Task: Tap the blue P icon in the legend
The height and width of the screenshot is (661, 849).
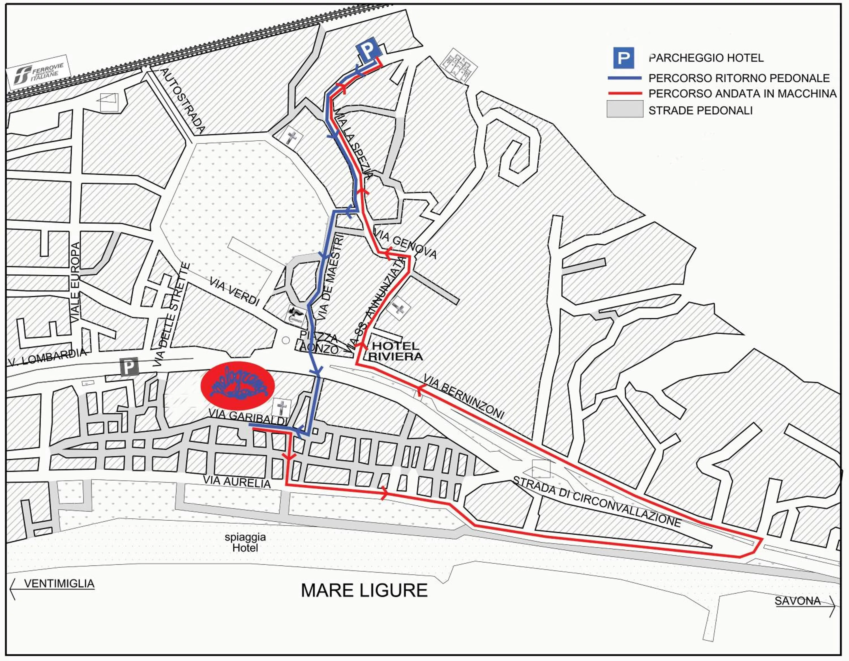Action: pyautogui.click(x=623, y=58)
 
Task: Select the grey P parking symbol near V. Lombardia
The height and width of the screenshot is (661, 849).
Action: pyautogui.click(x=129, y=366)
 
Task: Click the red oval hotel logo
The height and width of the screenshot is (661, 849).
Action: pyautogui.click(x=237, y=385)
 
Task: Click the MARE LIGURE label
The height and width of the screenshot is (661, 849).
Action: pyautogui.click(x=364, y=590)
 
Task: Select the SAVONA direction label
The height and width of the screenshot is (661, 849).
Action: pyautogui.click(x=797, y=601)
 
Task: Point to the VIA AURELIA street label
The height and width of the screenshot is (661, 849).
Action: pyautogui.click(x=236, y=482)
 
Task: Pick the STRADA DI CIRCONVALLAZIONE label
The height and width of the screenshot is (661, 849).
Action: pyautogui.click(x=597, y=501)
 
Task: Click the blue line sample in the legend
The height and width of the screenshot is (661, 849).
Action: pyautogui.click(x=624, y=78)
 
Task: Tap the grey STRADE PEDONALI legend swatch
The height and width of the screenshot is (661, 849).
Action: pyautogui.click(x=625, y=109)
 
